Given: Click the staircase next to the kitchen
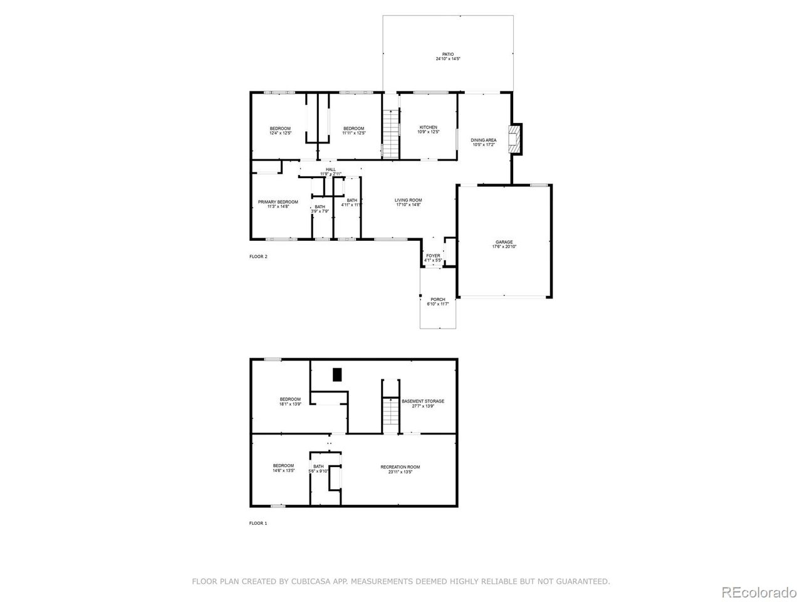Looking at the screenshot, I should click(390, 133).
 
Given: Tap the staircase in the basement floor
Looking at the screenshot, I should click(390, 414).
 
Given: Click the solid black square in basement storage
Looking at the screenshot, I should click(337, 374).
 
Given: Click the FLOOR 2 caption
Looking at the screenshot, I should click(258, 256).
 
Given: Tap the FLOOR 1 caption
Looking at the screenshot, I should click(258, 523).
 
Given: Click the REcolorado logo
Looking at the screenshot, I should click(758, 592).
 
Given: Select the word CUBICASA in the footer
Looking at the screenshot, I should click(311, 582).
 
